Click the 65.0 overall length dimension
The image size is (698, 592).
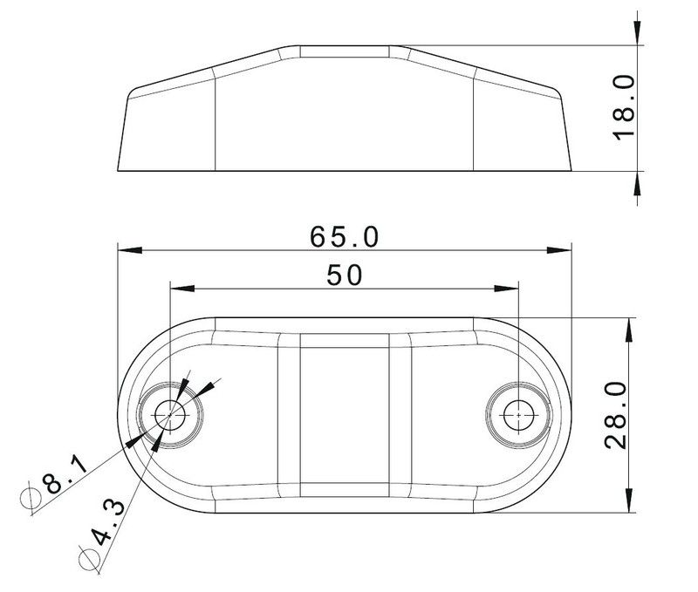pyautogui.click(x=344, y=236)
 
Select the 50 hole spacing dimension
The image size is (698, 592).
pyautogui.click(x=345, y=275)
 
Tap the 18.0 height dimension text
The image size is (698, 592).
pyautogui.click(x=624, y=107)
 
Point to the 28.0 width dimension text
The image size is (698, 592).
pyautogui.click(x=616, y=414)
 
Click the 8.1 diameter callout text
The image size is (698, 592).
pyautogui.click(x=64, y=476)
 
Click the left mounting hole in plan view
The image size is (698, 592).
pyautogui.click(x=170, y=415)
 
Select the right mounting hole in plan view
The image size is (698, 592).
pyautogui.click(x=518, y=415)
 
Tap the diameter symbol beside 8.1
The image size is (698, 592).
pyautogui.click(x=31, y=497)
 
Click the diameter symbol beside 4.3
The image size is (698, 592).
pyautogui.click(x=89, y=557)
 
